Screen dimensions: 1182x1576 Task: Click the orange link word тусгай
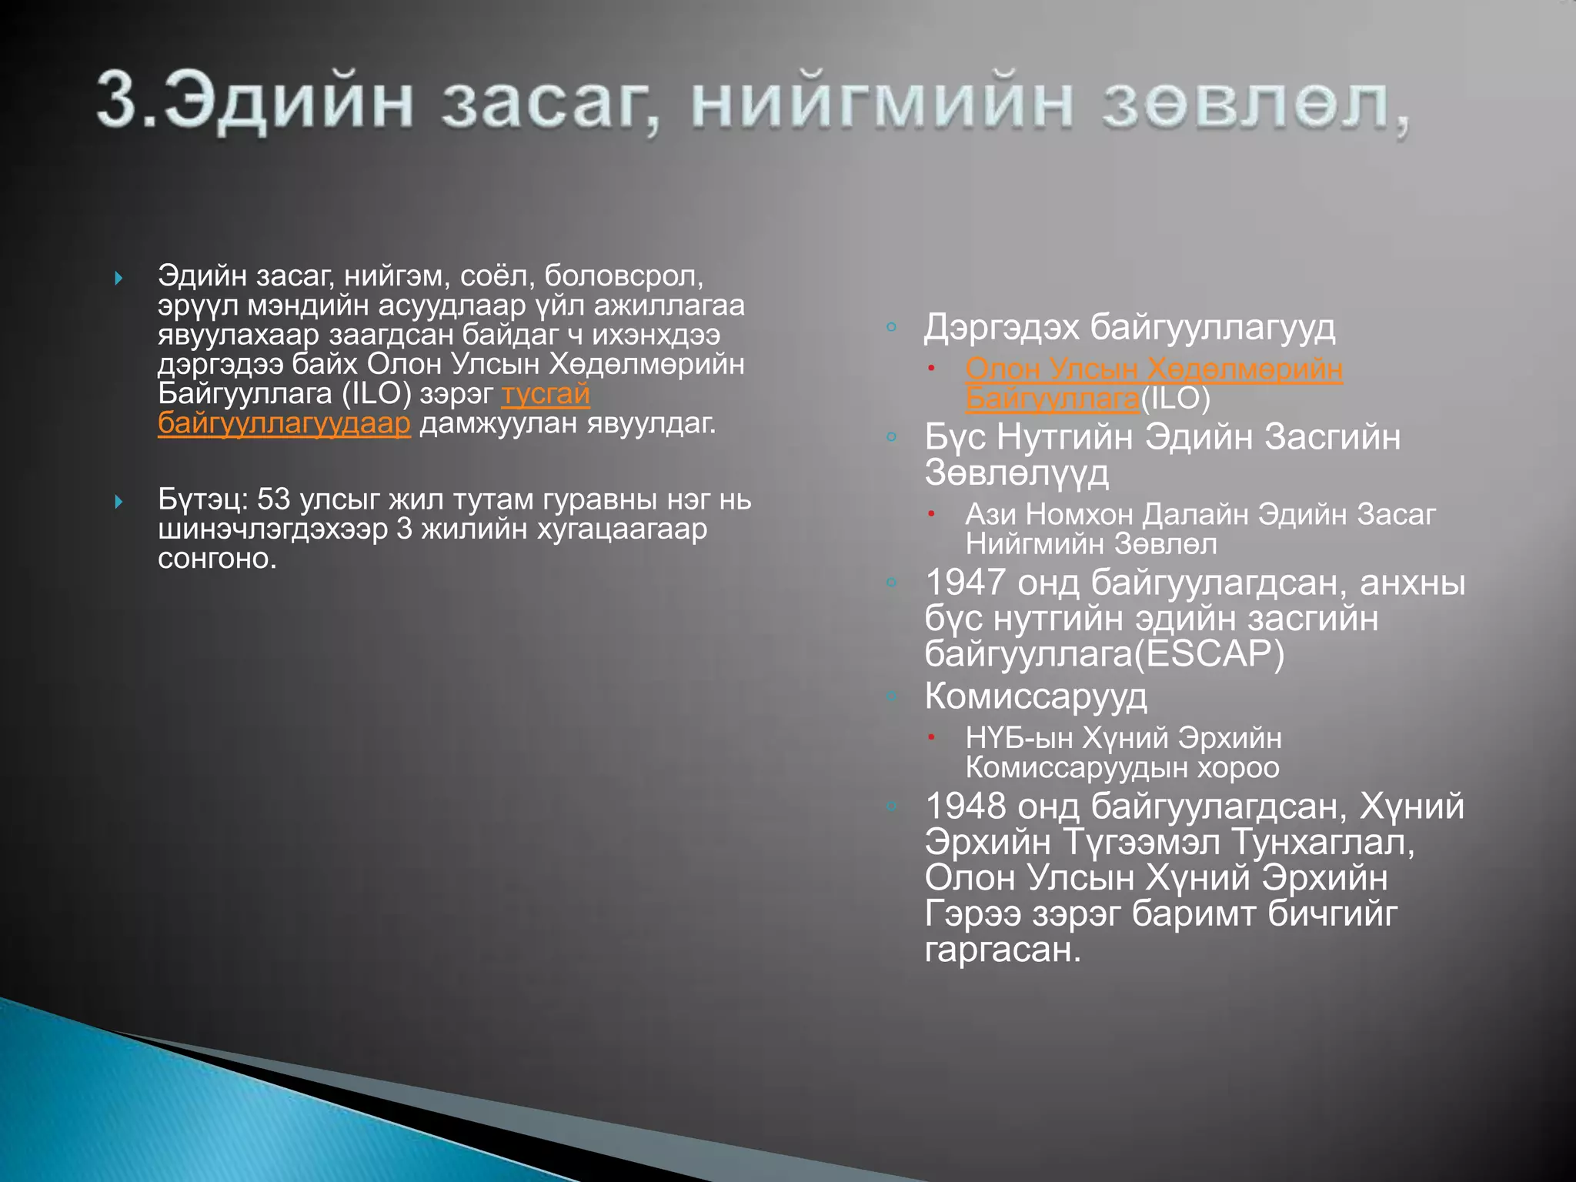(546, 394)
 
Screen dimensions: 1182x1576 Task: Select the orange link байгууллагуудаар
(284, 424)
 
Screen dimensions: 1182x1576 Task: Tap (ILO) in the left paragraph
(376, 394)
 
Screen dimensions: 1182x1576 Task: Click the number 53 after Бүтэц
(273, 499)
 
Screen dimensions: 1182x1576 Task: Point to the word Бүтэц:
(203, 499)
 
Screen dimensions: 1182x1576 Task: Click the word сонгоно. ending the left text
(217, 558)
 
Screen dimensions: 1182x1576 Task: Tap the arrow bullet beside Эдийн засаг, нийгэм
(119, 278)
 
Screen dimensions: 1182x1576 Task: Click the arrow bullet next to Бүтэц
(119, 502)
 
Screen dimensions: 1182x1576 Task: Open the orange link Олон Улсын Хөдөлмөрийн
(1154, 369)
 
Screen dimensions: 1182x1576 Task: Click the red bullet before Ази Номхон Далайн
(930, 514)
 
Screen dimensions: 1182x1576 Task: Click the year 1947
(965, 583)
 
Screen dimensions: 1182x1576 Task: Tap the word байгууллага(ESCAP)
(1104, 654)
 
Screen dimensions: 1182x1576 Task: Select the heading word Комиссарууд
(1035, 696)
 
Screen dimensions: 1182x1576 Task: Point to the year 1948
(965, 806)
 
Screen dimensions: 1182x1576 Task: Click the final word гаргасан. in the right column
(1002, 950)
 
